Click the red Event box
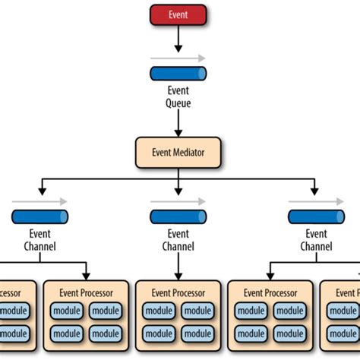pos(178,14)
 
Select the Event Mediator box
pos(178,153)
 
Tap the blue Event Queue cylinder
pos(178,74)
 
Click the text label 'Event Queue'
pos(178,96)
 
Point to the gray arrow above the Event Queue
pos(178,58)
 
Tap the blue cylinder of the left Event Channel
pos(39,217)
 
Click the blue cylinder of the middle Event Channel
pos(178,217)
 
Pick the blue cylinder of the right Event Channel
pos(316,217)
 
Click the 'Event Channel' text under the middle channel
pos(178,240)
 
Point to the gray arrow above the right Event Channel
pos(316,201)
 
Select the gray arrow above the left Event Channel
pos(39,201)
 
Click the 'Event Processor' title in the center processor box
pos(178,292)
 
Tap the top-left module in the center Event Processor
pos(158,311)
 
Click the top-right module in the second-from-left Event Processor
pos(106,311)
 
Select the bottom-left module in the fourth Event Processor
pos(250,333)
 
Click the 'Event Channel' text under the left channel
pos(39,240)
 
